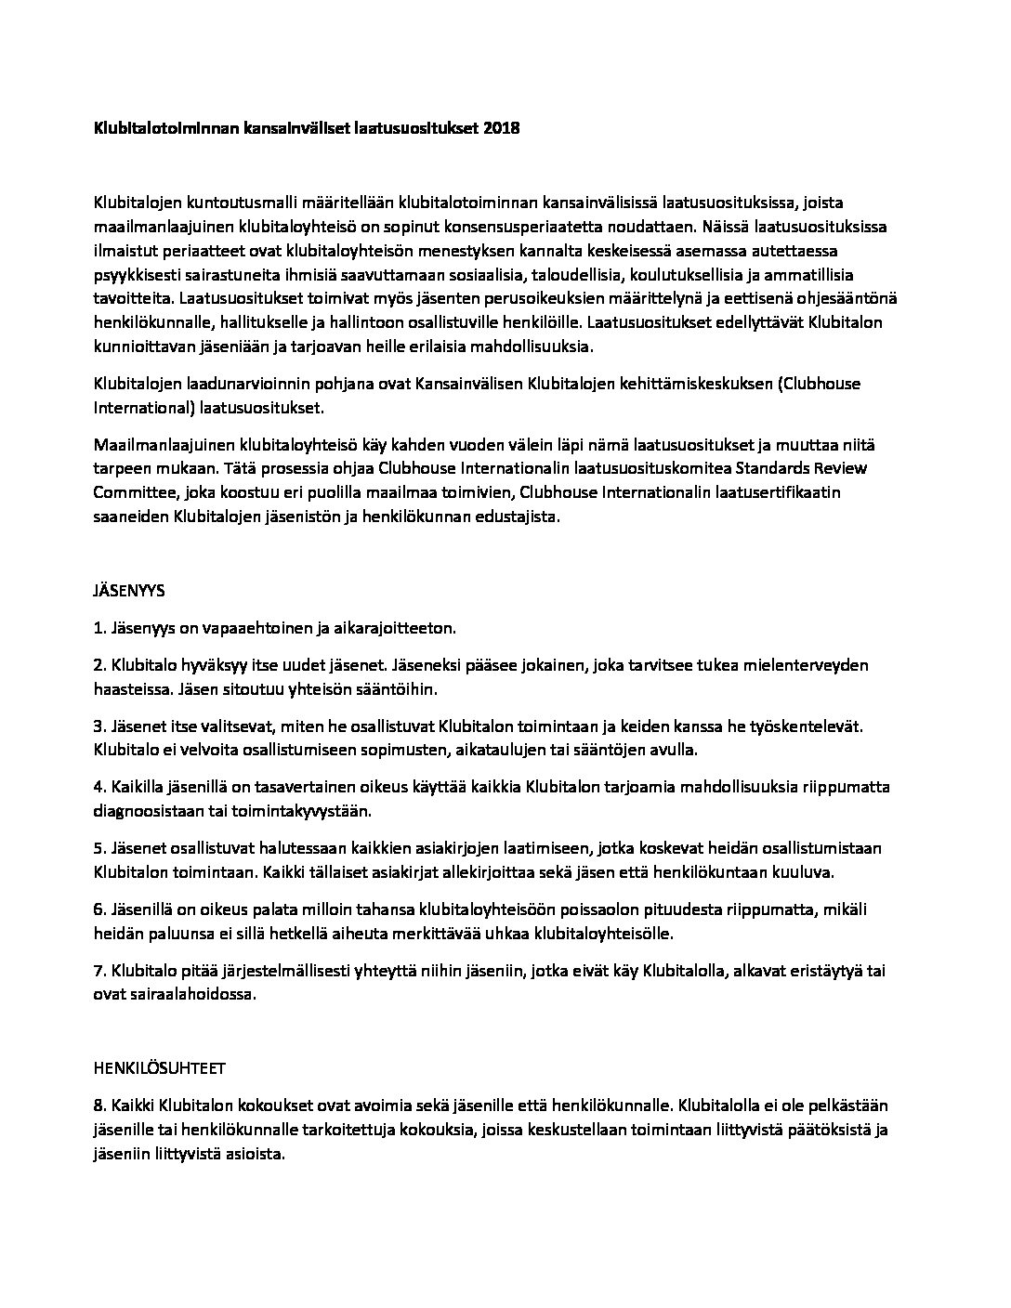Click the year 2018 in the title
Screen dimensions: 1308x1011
coord(501,129)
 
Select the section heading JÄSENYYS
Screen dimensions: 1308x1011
coord(129,590)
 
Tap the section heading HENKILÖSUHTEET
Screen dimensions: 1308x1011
coord(159,1068)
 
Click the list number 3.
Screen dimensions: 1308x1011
coord(98,726)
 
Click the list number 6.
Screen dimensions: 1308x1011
coord(98,909)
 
